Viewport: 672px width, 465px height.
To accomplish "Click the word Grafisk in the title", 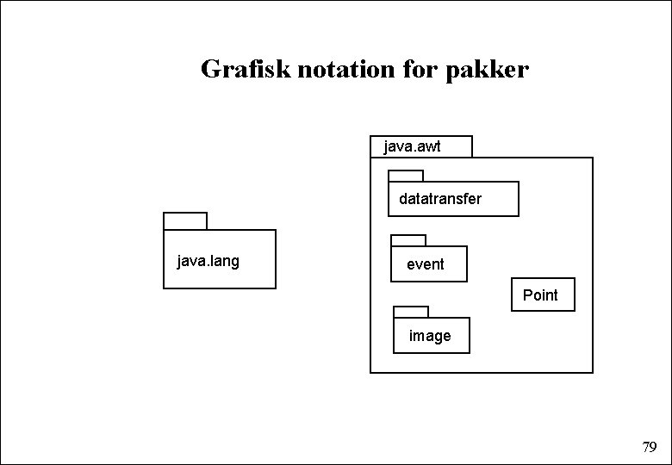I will [246, 69].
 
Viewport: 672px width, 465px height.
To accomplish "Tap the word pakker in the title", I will [488, 69].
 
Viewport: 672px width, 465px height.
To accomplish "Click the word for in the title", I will [420, 69].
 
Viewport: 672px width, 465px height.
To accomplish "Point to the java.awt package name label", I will [412, 146].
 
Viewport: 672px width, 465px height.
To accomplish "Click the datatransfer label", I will [440, 199].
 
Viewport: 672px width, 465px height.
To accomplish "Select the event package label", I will [426, 264].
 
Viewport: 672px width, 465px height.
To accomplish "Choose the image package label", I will [430, 336].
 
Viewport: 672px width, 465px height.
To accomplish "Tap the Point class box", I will [543, 294].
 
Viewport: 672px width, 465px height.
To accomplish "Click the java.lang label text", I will [208, 260].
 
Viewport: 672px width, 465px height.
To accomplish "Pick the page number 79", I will [650, 447].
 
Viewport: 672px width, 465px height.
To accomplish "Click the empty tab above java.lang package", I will [185, 220].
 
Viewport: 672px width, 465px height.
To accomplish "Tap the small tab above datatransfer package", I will [406, 176].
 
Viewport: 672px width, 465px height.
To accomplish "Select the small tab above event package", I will [408, 240].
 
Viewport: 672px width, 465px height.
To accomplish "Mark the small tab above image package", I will [411, 312].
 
